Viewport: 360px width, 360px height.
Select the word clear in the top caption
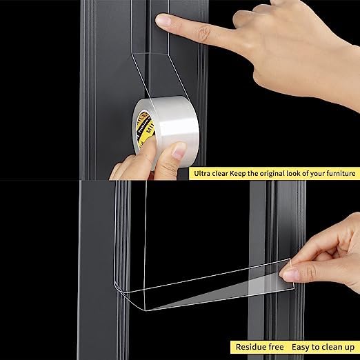(223, 173)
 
